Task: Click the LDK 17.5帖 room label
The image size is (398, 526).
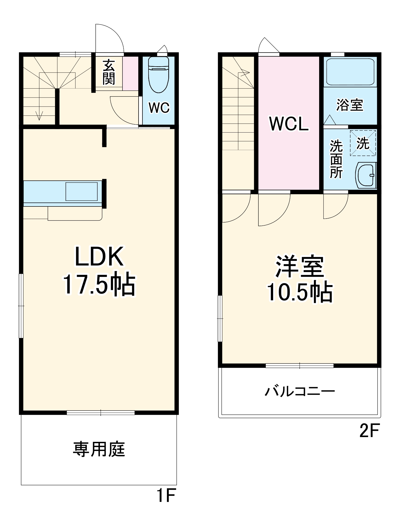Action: point(99,271)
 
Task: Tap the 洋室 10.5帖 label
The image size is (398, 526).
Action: point(300,279)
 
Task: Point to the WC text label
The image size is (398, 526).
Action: point(159,108)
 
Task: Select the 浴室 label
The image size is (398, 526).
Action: point(350,105)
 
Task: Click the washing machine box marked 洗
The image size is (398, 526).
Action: point(363,143)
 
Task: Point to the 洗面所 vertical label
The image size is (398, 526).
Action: point(336,159)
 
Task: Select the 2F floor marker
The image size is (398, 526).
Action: point(369,431)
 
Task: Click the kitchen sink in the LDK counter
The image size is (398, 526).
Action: point(81,191)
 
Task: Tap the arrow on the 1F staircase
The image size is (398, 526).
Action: point(39,115)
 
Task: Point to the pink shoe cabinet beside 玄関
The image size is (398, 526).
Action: point(130,74)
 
